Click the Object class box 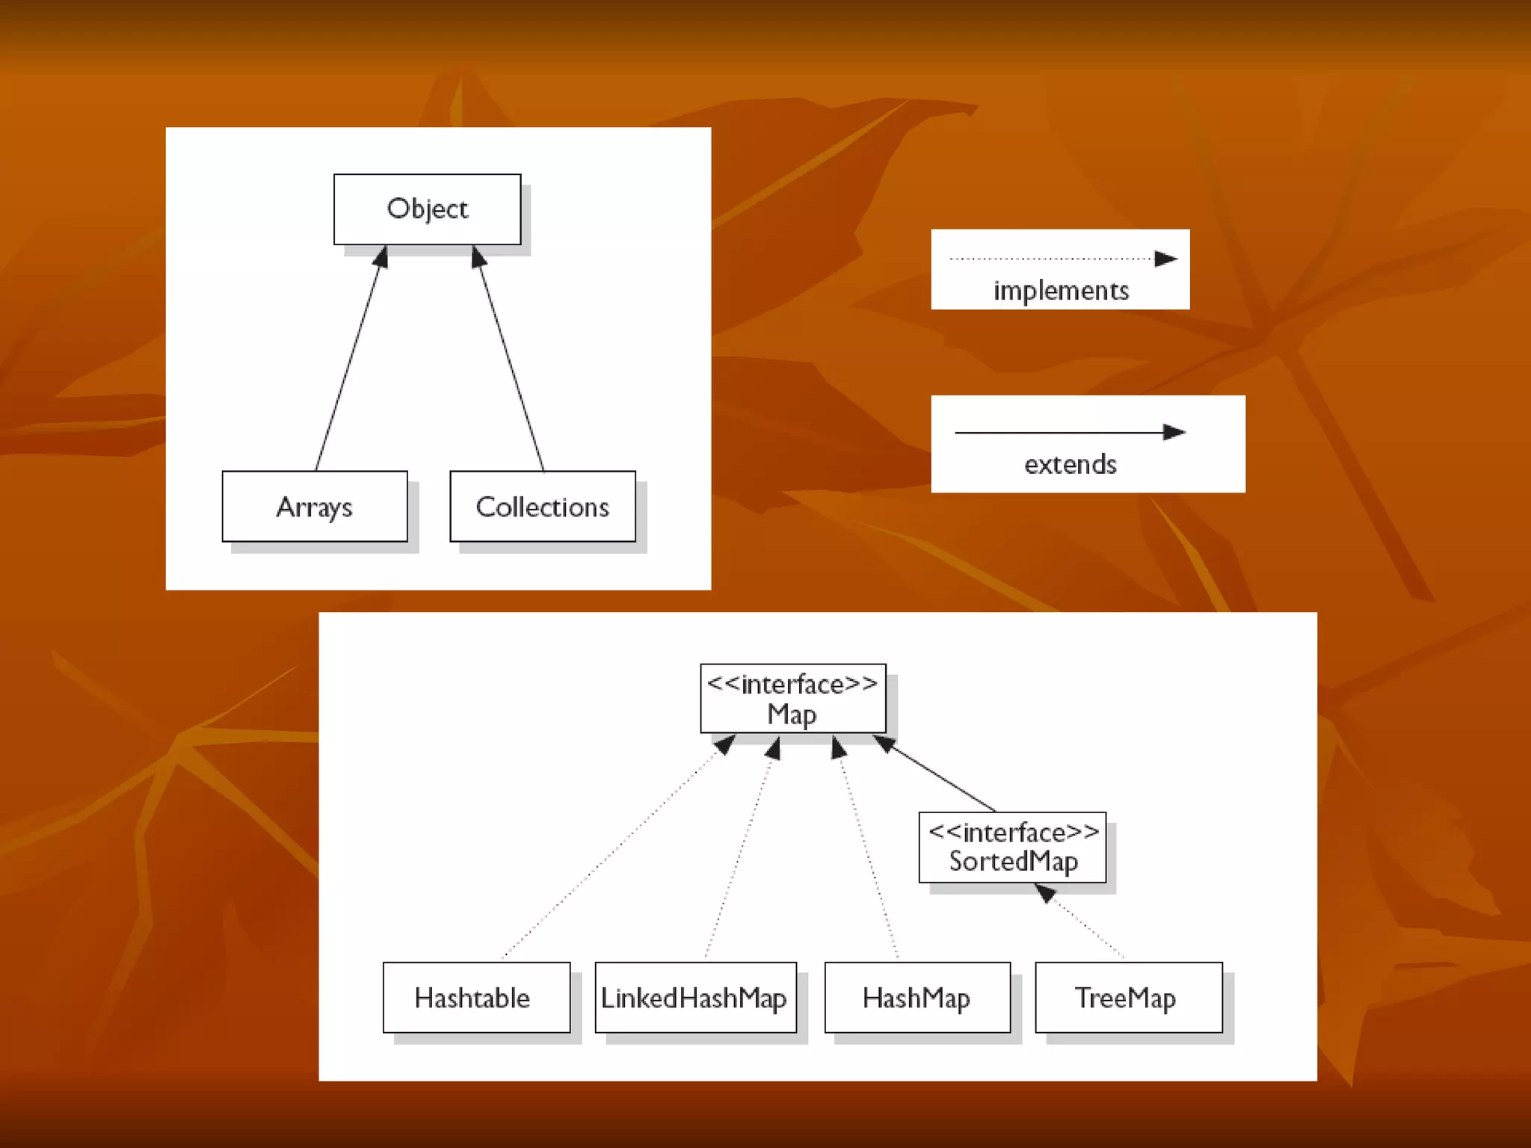pyautogui.click(x=427, y=209)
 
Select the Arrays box pyautogui.click(x=315, y=506)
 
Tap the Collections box pyautogui.click(x=543, y=506)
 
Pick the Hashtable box pyautogui.click(x=476, y=997)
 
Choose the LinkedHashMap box pyautogui.click(x=695, y=997)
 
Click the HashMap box pyautogui.click(x=917, y=997)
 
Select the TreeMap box pyautogui.click(x=1128, y=997)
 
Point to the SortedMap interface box pyautogui.click(x=1012, y=847)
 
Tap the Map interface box pyautogui.click(x=792, y=698)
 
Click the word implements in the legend pyautogui.click(x=1061, y=290)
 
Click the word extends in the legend pyautogui.click(x=1071, y=464)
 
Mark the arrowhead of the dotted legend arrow pyautogui.click(x=1165, y=259)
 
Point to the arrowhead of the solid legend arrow pyautogui.click(x=1174, y=432)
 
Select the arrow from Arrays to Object pyautogui.click(x=348, y=359)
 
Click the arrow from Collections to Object pyautogui.click(x=511, y=359)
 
